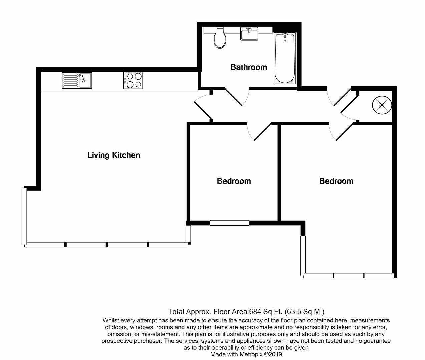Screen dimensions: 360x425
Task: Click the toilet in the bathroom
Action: pos(220,38)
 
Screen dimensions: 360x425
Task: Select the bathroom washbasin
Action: pos(249,34)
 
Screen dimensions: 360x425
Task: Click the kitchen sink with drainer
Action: pos(77,80)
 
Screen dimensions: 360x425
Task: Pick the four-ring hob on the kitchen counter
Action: pos(133,80)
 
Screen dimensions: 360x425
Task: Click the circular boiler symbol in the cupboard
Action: pos(381,105)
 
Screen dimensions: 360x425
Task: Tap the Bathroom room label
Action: pos(249,67)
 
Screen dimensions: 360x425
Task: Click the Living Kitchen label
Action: pos(114,155)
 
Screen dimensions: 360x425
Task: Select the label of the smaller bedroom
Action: pos(234,181)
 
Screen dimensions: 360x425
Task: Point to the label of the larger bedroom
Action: pos(336,181)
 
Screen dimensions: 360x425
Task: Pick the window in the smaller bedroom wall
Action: pos(230,223)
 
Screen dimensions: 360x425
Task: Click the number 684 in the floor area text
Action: pos(255,312)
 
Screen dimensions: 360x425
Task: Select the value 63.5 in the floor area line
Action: pos(294,312)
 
